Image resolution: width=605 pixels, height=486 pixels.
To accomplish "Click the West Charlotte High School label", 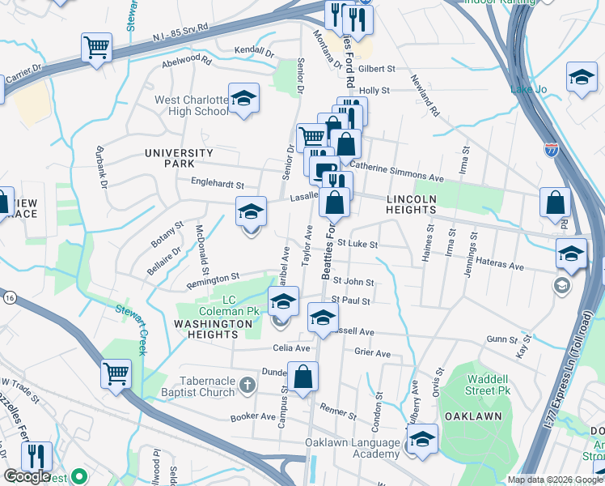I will pyautogui.click(x=192, y=105).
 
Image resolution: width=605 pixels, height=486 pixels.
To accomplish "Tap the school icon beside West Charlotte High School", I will pyautogui.click(x=243, y=100).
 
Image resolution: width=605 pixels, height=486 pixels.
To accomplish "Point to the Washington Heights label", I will pyautogui.click(x=214, y=324).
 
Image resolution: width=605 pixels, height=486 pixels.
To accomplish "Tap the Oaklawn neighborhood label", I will pyautogui.click(x=473, y=416).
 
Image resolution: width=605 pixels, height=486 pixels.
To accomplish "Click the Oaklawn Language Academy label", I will pyautogui.click(x=353, y=449).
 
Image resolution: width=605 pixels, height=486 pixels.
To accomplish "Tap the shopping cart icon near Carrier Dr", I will pyautogui.click(x=96, y=48).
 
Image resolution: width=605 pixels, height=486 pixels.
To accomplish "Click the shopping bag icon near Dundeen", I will pyautogui.click(x=302, y=377).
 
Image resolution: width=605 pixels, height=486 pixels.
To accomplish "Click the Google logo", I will pyautogui.click(x=27, y=476).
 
